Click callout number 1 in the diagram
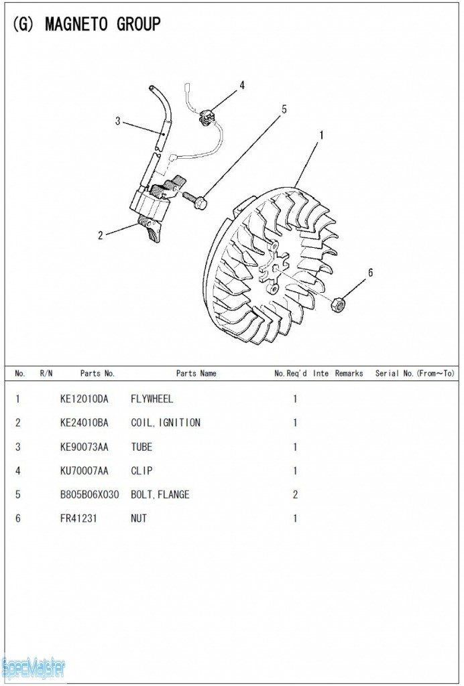(x=321, y=135)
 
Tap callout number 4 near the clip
(x=242, y=85)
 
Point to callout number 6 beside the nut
(x=370, y=273)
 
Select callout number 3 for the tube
(x=117, y=121)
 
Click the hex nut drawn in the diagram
(x=339, y=304)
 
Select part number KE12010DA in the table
(x=84, y=399)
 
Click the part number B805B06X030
(x=89, y=495)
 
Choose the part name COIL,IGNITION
(x=165, y=423)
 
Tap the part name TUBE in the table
(x=141, y=447)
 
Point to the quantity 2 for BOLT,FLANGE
(x=295, y=495)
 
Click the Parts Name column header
(x=196, y=374)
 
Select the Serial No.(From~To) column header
(x=414, y=374)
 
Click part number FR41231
(x=79, y=519)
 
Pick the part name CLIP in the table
(x=141, y=471)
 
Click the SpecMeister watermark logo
(x=34, y=667)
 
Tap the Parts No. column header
(x=97, y=374)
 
